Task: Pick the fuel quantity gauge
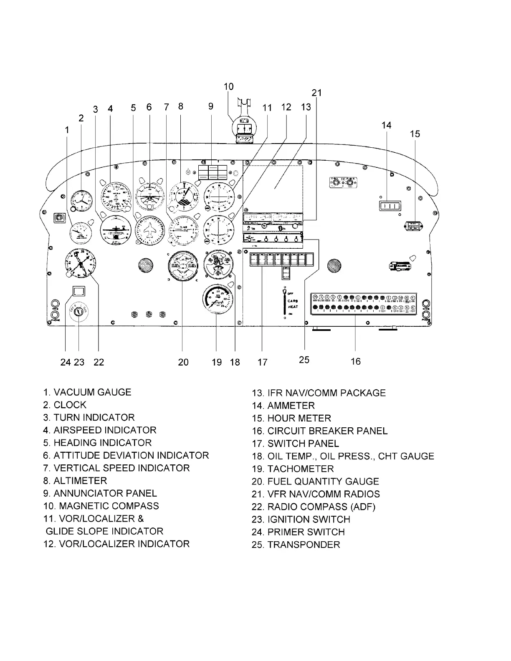coord(182,267)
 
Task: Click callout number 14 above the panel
coord(387,125)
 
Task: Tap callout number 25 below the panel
coord(304,360)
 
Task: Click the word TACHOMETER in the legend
coord(301,469)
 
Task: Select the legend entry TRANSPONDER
coord(304,545)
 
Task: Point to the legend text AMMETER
coord(291,406)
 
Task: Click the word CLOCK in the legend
coord(70,405)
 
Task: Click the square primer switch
coord(79,291)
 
